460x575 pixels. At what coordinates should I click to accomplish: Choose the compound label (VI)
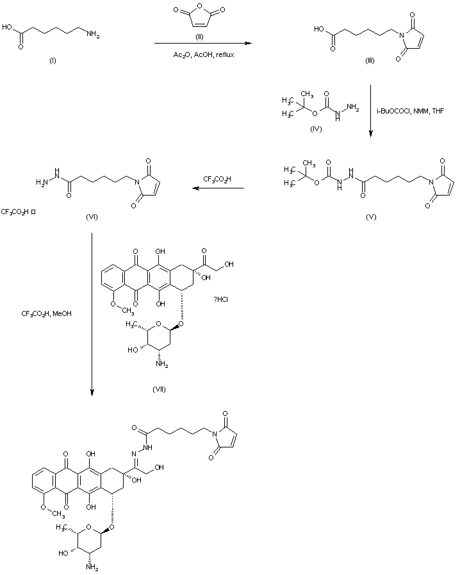tap(92, 217)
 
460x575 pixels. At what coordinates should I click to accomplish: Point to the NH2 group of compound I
tap(94, 36)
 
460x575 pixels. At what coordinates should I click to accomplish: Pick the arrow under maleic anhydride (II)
tap(202, 44)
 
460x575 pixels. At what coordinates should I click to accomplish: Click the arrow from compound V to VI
tap(220, 188)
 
